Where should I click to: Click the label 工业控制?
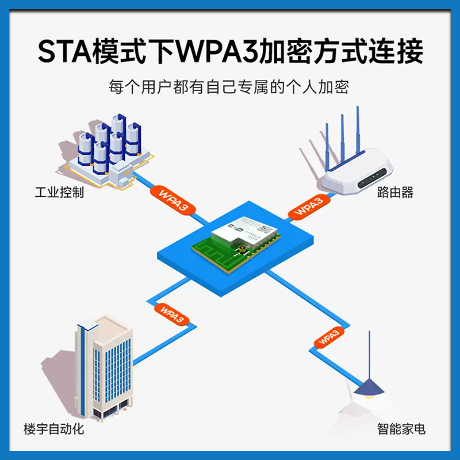coord(59,191)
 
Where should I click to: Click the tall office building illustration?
coord(103,368)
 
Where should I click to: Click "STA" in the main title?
coord(60,52)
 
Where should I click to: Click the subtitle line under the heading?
coord(230,87)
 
